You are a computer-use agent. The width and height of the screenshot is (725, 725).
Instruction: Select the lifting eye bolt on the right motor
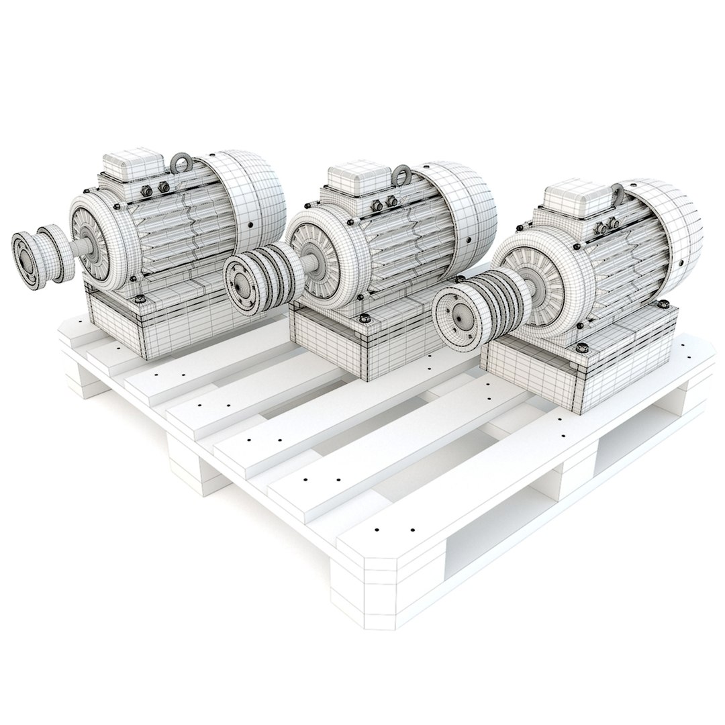point(618,193)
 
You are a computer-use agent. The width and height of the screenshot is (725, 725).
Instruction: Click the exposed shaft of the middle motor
point(310,261)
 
